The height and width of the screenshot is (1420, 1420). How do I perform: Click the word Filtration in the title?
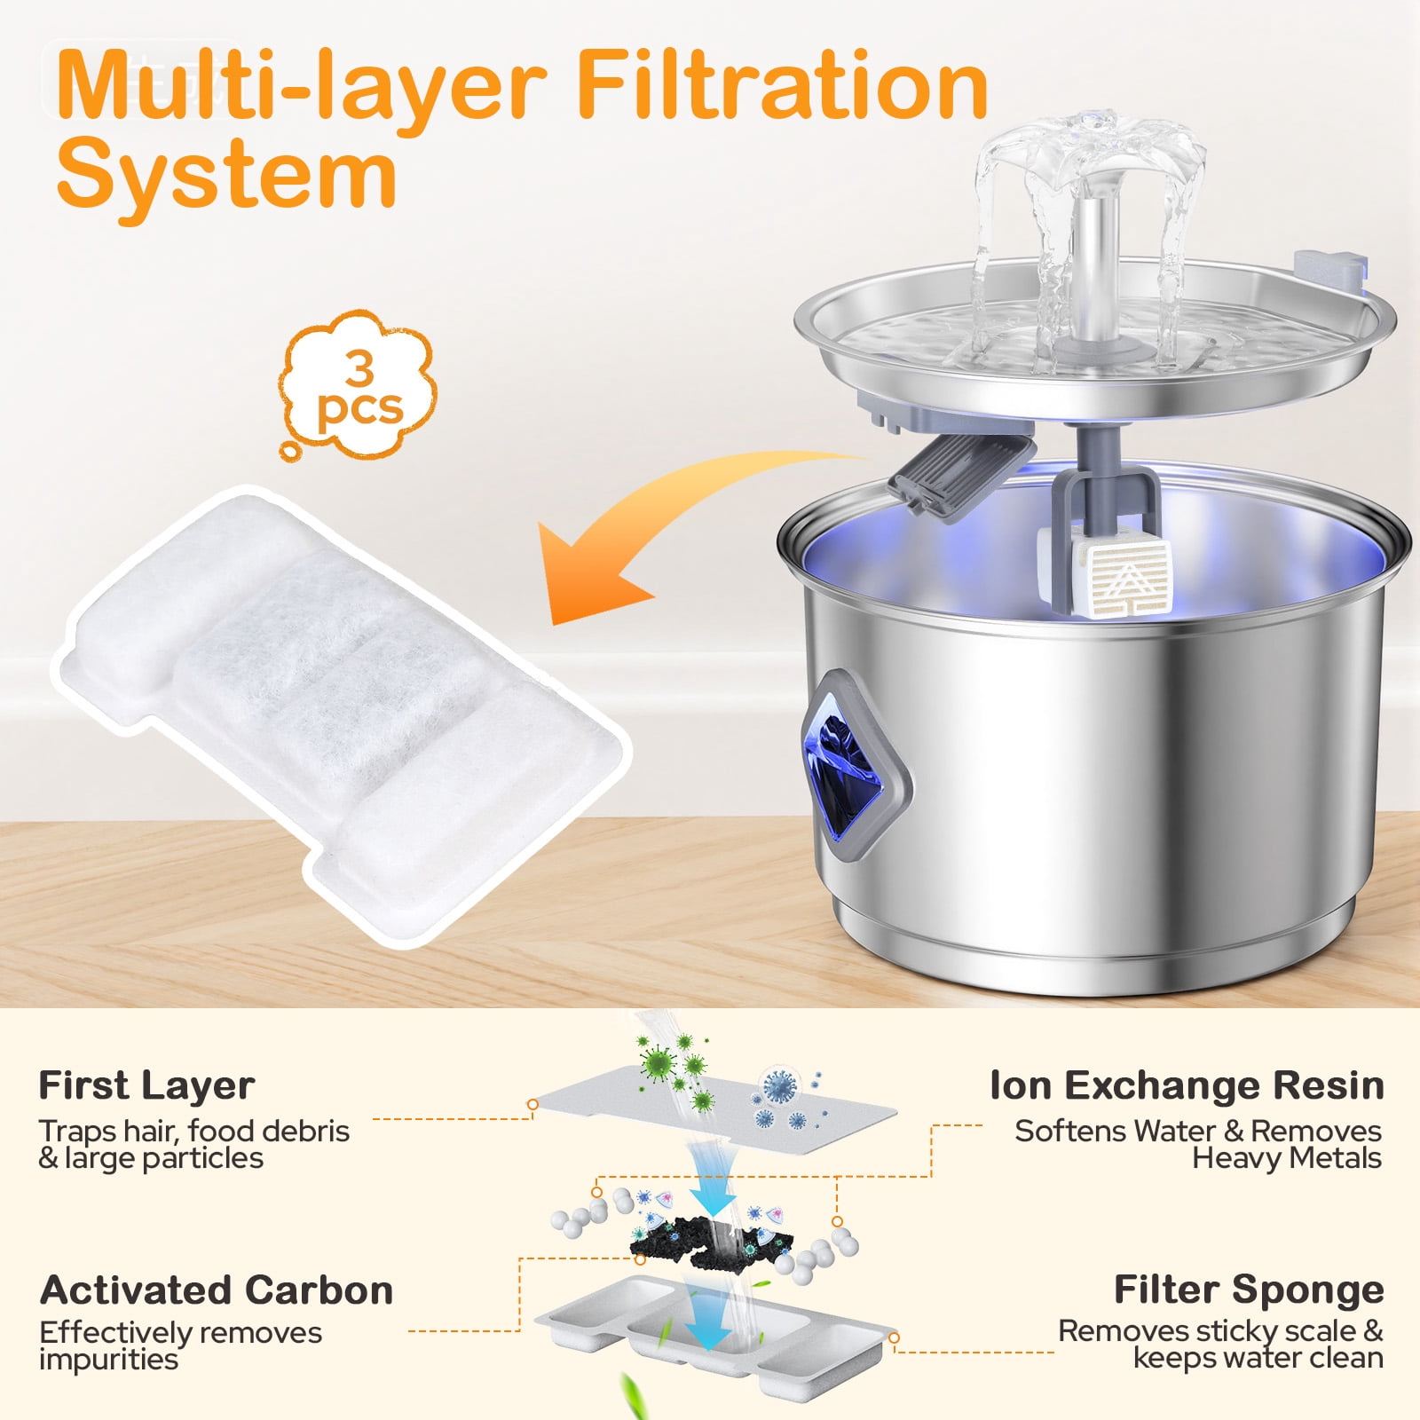pyautogui.click(x=782, y=84)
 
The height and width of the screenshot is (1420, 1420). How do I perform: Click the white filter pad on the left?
pyautogui.click(x=342, y=714)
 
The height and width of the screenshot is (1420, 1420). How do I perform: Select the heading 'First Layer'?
pyautogui.click(x=146, y=1085)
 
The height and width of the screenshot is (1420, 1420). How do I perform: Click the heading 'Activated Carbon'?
pyautogui.click(x=216, y=1290)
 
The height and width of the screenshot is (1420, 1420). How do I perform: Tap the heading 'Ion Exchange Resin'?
pyautogui.click(x=1187, y=1085)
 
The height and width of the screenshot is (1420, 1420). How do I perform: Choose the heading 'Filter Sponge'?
pyautogui.click(x=1249, y=1290)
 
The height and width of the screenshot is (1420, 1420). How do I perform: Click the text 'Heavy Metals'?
pyautogui.click(x=1287, y=1158)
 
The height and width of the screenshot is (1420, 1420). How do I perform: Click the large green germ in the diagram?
pyautogui.click(x=658, y=1061)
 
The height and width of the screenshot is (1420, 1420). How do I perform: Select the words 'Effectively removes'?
pyautogui.click(x=180, y=1332)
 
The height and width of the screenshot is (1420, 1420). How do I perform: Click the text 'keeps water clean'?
pyautogui.click(x=1258, y=1358)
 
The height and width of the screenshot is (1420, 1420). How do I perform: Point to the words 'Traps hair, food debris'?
pyautogui.click(x=193, y=1132)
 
